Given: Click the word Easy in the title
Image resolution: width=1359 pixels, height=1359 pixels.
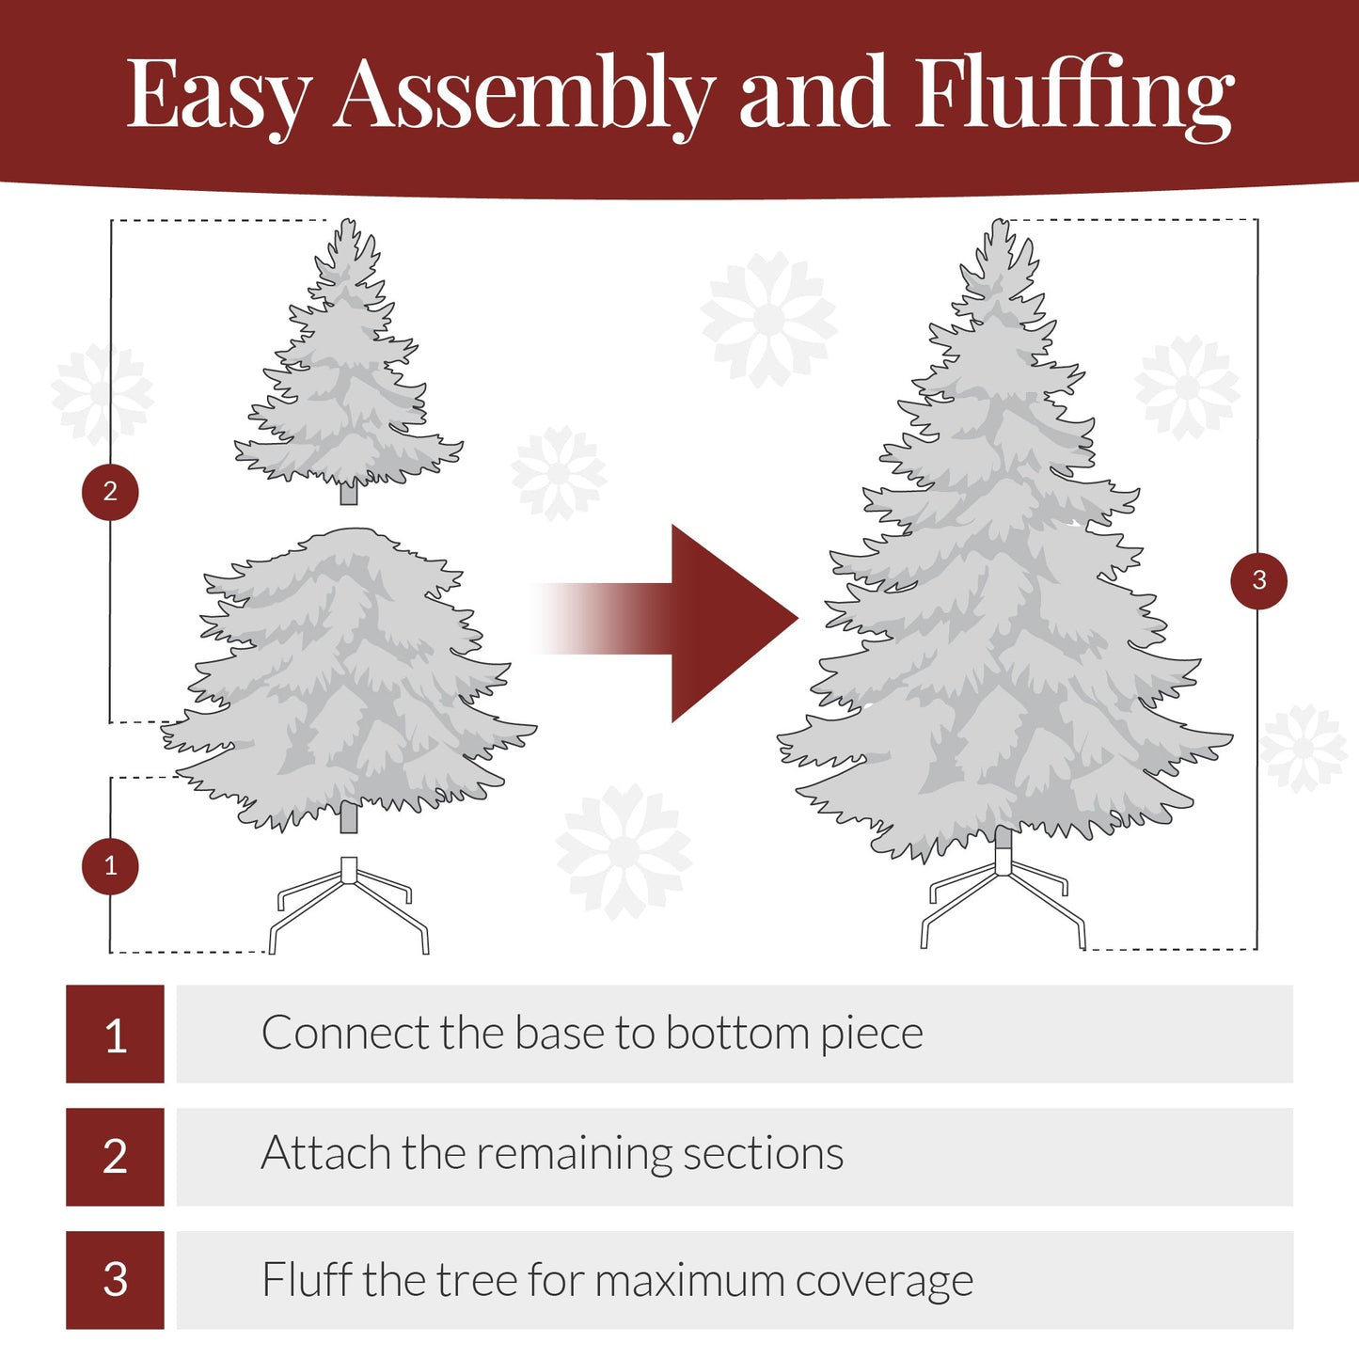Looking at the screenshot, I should tap(218, 94).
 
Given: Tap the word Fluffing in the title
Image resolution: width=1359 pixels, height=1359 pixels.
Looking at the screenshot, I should tap(1073, 94).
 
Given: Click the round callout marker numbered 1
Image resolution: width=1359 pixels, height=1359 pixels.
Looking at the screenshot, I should tap(110, 865).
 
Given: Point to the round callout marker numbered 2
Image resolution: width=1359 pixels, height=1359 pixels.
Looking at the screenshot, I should tap(110, 491).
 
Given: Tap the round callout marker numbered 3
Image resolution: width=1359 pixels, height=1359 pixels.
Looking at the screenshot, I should tap(1258, 580).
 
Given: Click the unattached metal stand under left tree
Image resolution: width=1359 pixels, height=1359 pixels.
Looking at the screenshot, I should tap(349, 903).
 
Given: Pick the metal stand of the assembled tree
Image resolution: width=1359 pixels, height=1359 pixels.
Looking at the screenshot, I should tap(1003, 898).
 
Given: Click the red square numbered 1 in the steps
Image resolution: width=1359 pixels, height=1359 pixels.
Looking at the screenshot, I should tap(115, 1034).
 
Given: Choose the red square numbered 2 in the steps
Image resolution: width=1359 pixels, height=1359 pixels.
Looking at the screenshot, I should tap(115, 1156).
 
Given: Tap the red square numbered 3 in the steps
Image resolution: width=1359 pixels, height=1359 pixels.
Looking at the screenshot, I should tap(115, 1279).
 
